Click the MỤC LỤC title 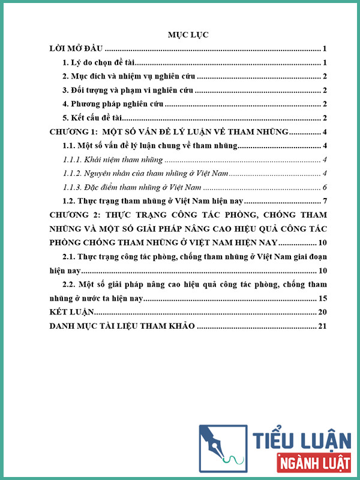187,35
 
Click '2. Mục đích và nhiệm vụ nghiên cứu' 130,76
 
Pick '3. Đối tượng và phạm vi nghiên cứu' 129,91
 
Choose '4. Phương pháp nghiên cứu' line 112,105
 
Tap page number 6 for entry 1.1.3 324,187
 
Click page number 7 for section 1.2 324,200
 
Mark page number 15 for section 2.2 322,298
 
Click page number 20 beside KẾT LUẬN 322,313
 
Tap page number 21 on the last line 322,326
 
